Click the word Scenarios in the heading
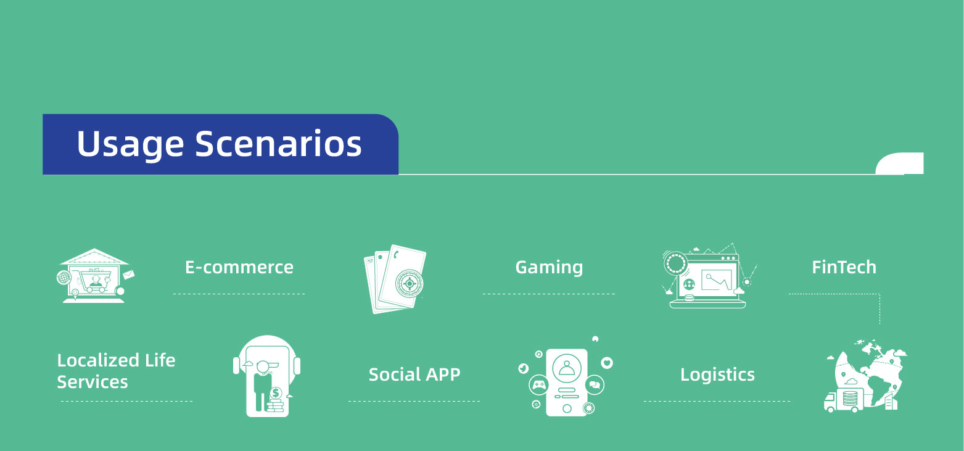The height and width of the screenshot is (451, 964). (278, 143)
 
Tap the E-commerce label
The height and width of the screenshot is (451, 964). (239, 267)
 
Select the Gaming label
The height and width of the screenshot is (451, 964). (549, 268)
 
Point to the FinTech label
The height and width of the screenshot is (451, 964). (844, 267)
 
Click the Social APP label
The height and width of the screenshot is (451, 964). (414, 374)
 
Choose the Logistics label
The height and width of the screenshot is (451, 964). (717, 374)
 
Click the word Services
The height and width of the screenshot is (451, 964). (93, 382)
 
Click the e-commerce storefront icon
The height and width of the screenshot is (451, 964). (96, 276)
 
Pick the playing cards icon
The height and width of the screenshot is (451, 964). (395, 279)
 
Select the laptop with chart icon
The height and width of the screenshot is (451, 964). (709, 276)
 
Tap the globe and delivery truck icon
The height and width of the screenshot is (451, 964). (865, 376)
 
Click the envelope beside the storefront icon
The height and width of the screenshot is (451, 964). (128, 274)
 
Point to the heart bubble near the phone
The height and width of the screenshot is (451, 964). (607, 363)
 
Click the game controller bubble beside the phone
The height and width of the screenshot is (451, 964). (539, 385)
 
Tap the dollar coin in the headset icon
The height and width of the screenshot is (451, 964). (276, 393)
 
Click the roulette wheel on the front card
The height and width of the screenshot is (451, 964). (410, 284)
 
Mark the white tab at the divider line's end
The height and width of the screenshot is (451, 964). (900, 163)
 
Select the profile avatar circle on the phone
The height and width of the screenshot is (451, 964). (567, 368)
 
